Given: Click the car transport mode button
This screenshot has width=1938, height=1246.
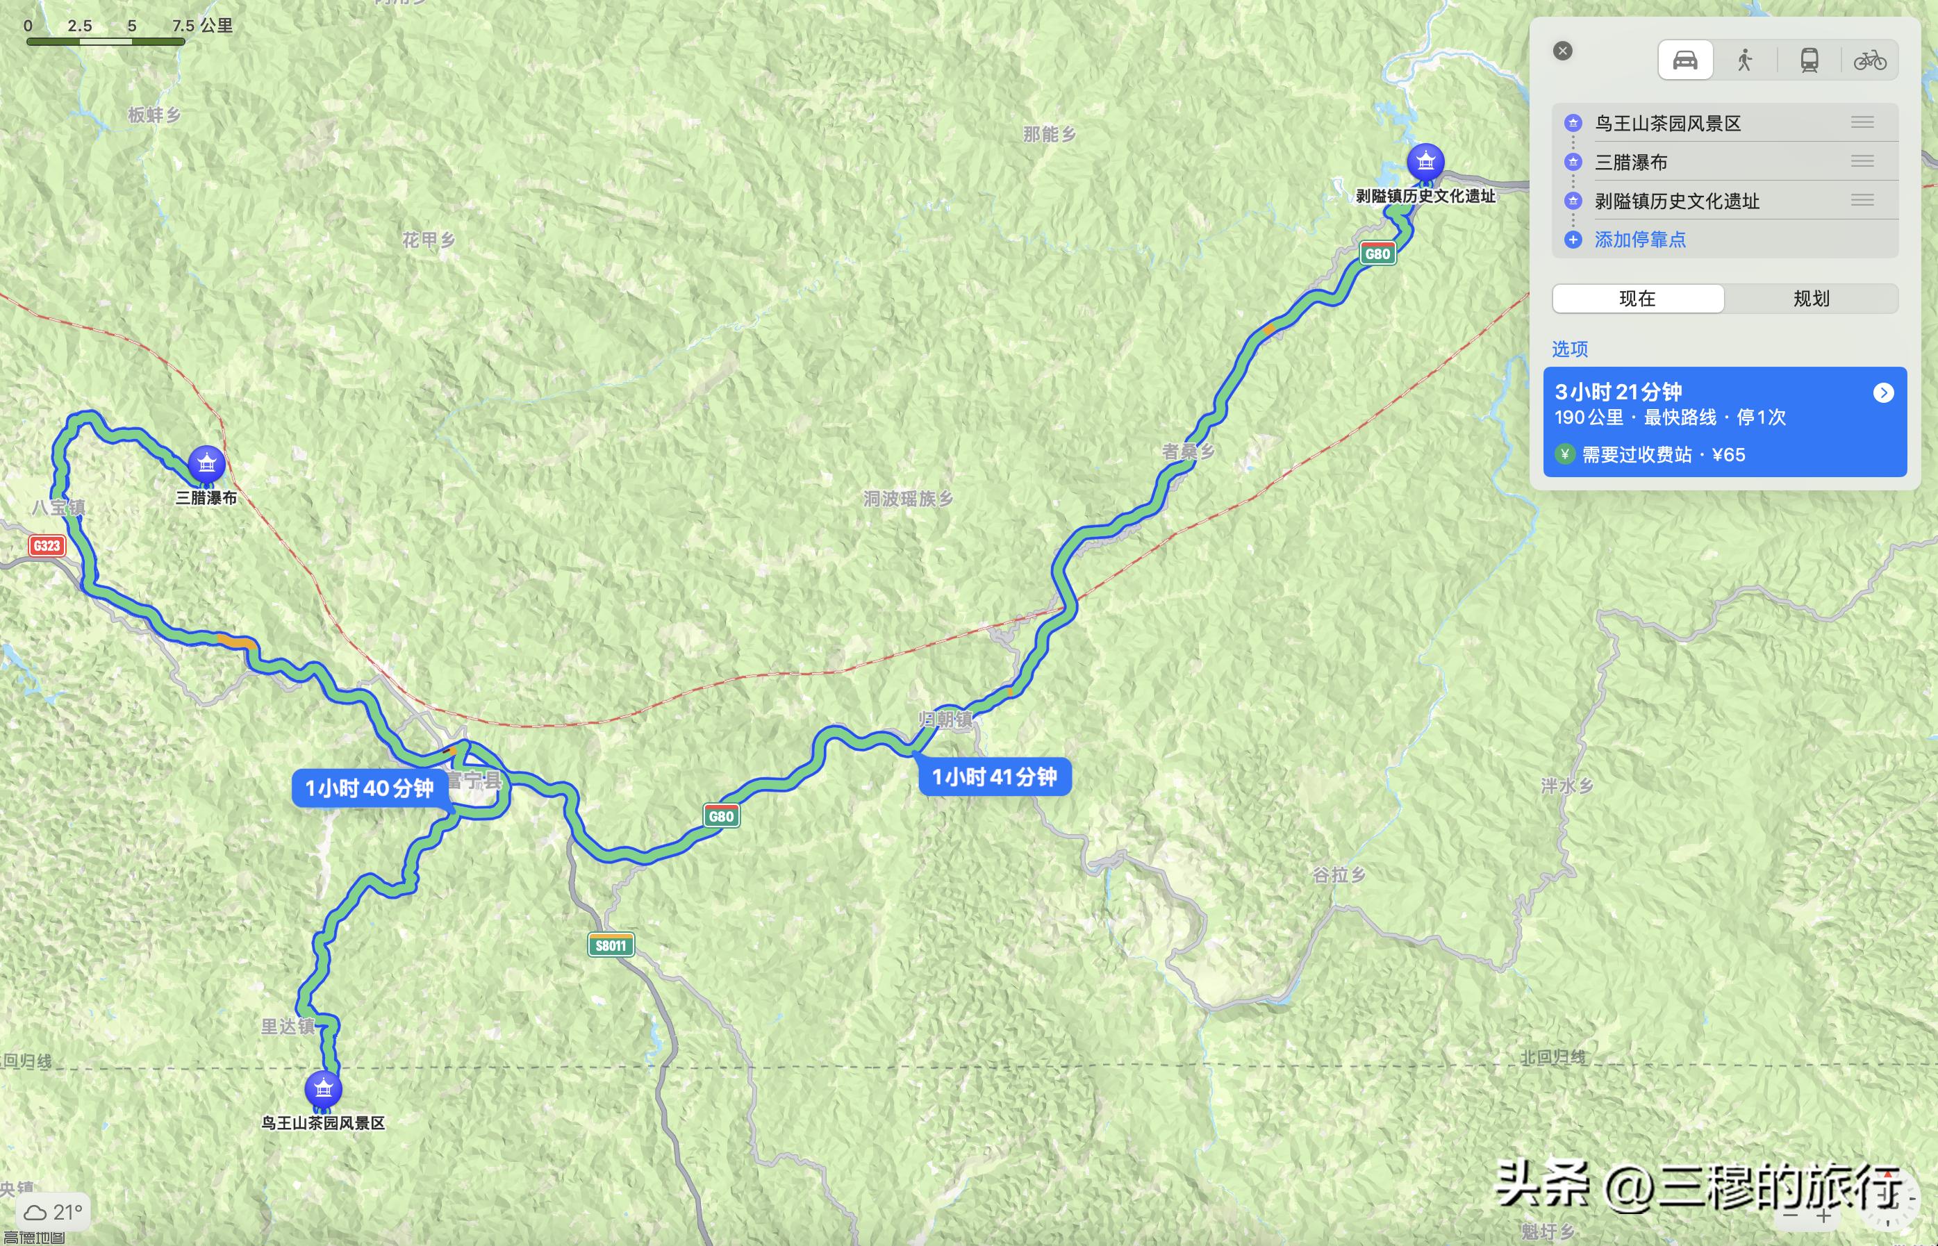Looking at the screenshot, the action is coord(1684,60).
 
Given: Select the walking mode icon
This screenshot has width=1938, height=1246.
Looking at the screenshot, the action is coord(1745,60).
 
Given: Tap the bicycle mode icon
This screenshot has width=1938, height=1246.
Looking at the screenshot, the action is coord(1869,60).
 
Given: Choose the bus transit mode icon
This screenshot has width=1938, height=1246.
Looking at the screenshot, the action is coord(1809,60).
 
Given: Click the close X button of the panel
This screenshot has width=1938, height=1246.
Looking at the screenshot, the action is coord(1562,51).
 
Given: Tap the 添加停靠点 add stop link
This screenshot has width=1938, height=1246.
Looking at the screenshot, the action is coord(1639,240).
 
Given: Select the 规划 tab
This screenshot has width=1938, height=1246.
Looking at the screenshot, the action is coord(1811,299).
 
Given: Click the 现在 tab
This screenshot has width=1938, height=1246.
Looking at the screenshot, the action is coord(1637,299).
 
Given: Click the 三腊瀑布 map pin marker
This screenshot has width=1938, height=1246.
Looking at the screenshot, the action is coord(206,465).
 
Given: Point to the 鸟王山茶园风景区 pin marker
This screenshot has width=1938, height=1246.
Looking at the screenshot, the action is coord(323,1089).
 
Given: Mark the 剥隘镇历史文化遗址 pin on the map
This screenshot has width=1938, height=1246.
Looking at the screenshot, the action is coord(1425,162).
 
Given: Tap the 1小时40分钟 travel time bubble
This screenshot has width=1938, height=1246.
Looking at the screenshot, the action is coord(369,788).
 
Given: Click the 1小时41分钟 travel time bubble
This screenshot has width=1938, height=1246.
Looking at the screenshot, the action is coord(995,776).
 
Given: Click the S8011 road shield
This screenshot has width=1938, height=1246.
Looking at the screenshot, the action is coord(610,945).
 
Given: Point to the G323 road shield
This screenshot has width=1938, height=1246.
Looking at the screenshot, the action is coord(47,545).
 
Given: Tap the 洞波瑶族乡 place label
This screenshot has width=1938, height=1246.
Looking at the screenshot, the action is coord(908,499).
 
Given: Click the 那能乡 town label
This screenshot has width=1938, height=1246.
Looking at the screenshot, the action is coord(1049,134).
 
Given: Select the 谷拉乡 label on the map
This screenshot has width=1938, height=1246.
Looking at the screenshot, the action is coord(1339,874).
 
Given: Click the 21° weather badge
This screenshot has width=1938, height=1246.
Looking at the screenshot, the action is coord(53,1212).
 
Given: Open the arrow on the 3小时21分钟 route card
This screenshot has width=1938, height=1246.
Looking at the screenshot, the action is coord(1883,393).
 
